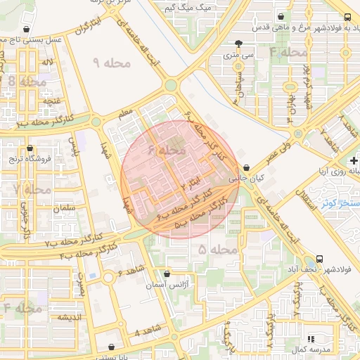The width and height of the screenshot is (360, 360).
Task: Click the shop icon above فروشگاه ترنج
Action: [x=30, y=148]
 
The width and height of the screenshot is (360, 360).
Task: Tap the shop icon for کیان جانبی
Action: [x=246, y=168]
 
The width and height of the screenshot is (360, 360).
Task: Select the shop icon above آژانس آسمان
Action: [x=167, y=274]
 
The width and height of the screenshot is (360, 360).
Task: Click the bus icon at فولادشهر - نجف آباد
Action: [x=321, y=259]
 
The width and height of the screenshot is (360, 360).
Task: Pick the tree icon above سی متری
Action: [x=240, y=42]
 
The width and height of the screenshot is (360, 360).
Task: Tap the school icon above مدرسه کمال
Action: [x=311, y=339]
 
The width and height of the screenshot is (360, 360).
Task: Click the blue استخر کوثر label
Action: [x=340, y=204]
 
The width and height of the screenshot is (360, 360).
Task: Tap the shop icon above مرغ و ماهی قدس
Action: [x=281, y=16]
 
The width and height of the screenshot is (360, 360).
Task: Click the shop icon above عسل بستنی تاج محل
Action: [x=27, y=30]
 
